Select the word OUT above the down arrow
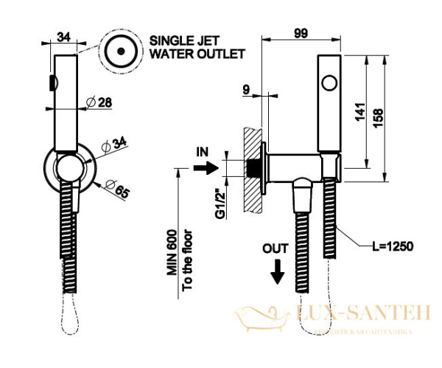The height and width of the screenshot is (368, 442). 276,249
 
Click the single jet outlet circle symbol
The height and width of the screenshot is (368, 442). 119,51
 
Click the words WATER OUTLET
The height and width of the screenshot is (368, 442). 197,54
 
